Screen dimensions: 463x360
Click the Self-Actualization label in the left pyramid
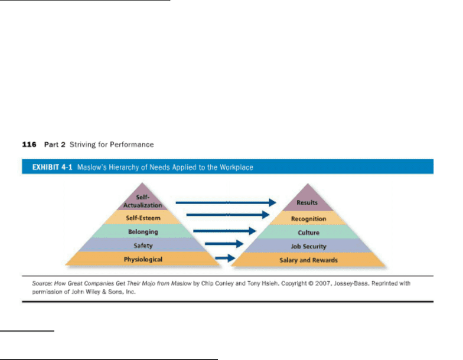click(143, 201)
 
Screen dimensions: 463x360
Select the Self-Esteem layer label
click(143, 218)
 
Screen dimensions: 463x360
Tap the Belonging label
click(143, 232)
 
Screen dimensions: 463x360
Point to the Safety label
click(143, 246)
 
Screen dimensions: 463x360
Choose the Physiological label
click(143, 260)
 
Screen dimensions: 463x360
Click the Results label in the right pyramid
click(307, 202)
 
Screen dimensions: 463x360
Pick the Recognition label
click(308, 218)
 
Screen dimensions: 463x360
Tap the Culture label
click(308, 233)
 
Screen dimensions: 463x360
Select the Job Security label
click(308, 247)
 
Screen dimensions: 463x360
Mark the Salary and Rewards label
click(308, 260)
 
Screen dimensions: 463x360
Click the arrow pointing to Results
click(226, 202)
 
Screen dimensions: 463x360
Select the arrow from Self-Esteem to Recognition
click(228, 215)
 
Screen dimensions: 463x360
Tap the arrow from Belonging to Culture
click(224, 231)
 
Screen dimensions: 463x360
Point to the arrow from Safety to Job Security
click(224, 244)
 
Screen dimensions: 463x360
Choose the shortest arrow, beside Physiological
click(225, 258)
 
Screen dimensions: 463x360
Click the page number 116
click(30, 144)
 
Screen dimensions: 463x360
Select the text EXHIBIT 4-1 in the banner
click(52, 168)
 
